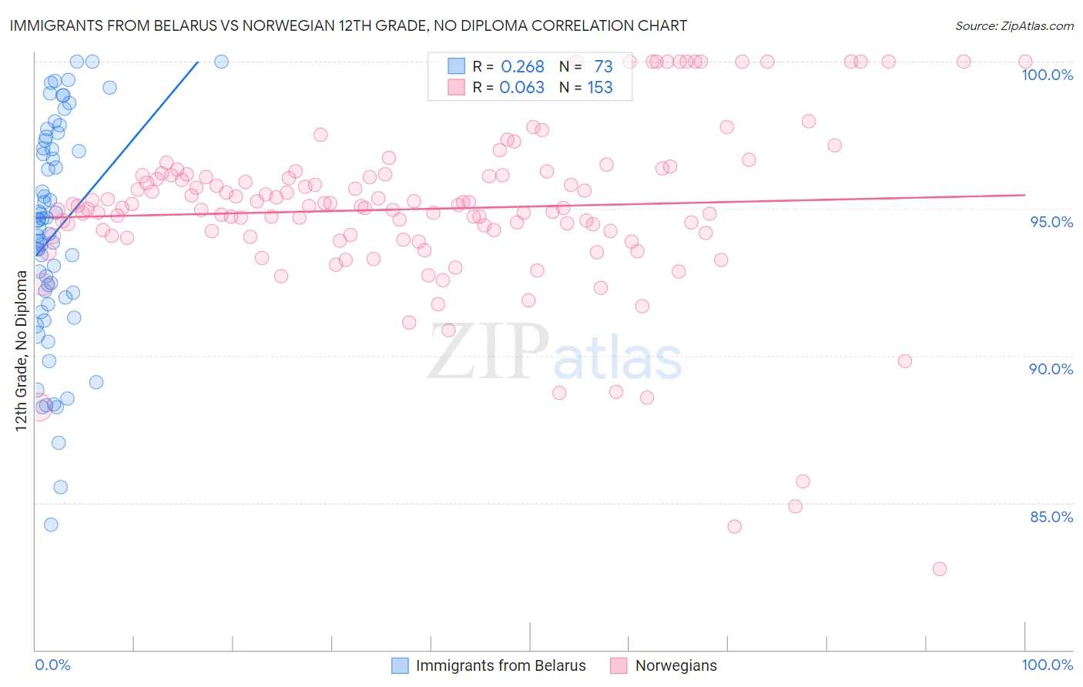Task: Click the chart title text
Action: [x=348, y=25]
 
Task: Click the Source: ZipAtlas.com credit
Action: [x=1014, y=25]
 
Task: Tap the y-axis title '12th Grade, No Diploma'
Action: [x=21, y=351]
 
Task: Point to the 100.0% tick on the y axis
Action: [x=1047, y=75]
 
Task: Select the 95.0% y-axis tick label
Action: [x=1051, y=222]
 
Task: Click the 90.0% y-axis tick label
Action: [x=1051, y=369]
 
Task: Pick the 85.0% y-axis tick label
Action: [x=1051, y=517]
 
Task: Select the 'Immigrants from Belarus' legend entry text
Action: [x=501, y=665]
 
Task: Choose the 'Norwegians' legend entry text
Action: [x=676, y=665]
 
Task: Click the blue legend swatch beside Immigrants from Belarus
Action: [x=400, y=665]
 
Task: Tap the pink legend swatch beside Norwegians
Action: [x=619, y=665]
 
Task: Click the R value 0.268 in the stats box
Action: [x=522, y=67]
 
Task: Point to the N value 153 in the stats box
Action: [x=600, y=88]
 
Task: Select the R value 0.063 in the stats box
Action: [x=521, y=88]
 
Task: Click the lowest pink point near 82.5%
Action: [x=939, y=569]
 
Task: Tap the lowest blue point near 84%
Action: [x=51, y=524]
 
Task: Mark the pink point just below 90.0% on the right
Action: [x=905, y=361]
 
